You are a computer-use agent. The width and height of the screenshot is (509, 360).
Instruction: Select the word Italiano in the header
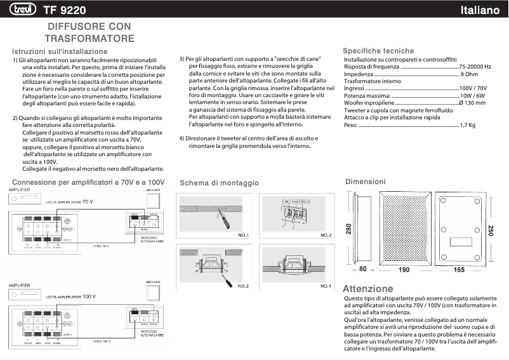coord(481,10)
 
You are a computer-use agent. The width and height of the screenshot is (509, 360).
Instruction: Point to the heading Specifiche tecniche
coord(378,51)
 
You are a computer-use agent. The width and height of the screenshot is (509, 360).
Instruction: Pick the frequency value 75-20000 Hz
coord(475,67)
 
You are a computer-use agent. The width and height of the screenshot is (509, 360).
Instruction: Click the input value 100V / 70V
coord(473,88)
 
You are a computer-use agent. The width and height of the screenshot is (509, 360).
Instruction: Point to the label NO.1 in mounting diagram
coord(243,236)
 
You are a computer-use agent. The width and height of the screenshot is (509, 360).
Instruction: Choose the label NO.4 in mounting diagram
coord(326,286)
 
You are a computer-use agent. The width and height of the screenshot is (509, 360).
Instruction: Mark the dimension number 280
coord(348,229)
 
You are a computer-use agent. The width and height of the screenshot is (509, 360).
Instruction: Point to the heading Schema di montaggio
coord(219,183)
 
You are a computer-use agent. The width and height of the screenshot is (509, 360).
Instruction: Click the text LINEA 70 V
coord(101,245)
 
